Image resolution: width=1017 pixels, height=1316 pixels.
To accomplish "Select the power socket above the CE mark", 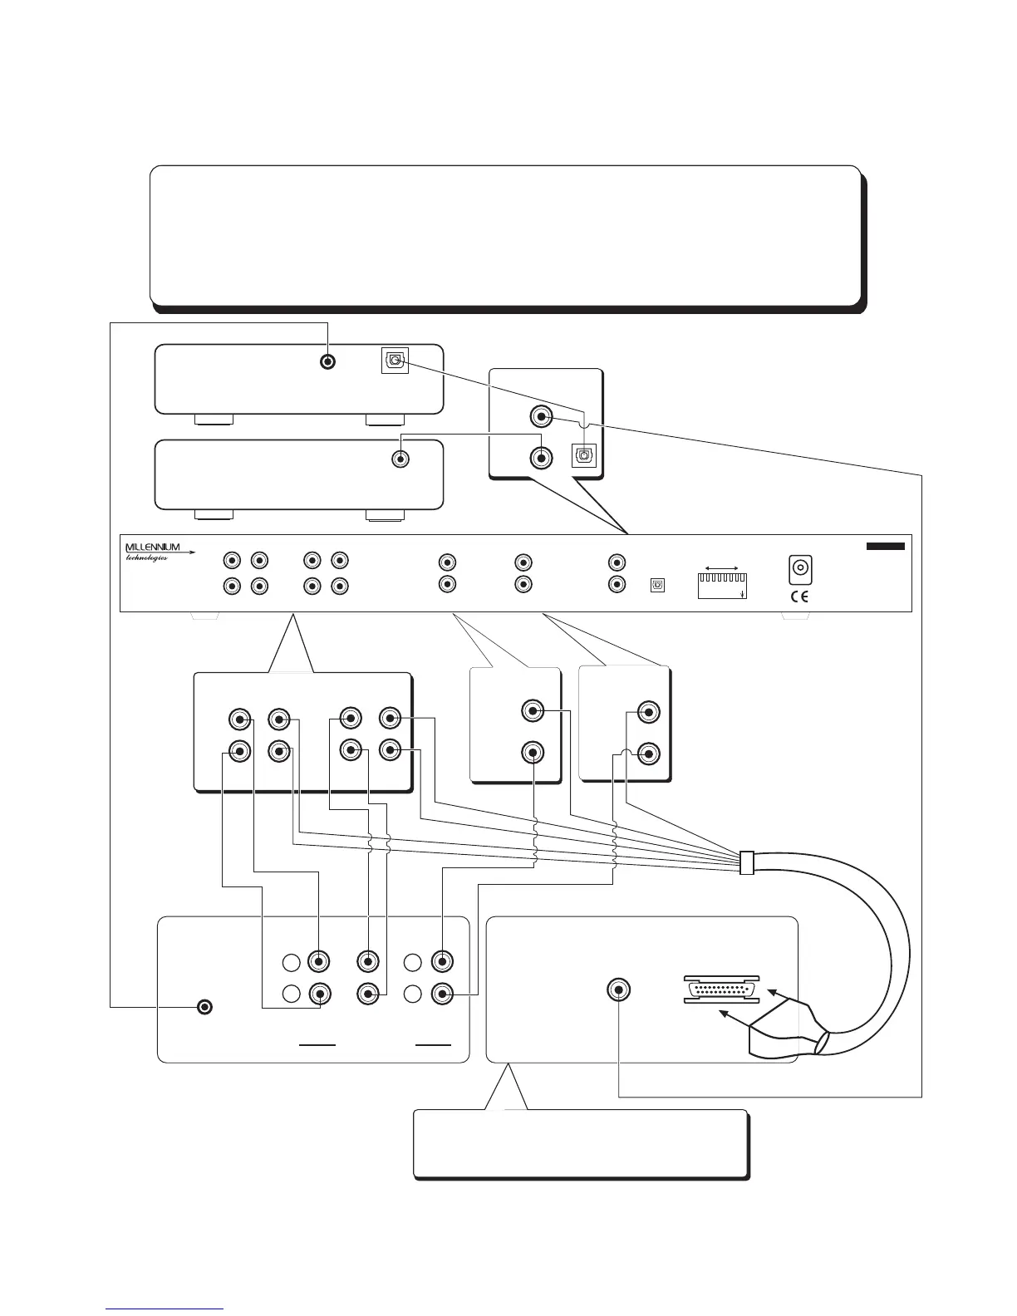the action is (x=799, y=569).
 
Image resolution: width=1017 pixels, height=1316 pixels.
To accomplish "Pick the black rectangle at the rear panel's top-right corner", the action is (x=885, y=546).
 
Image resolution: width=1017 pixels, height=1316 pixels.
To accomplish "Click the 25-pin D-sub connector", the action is (x=720, y=989).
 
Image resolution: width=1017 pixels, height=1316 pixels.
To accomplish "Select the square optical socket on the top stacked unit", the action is (x=395, y=361).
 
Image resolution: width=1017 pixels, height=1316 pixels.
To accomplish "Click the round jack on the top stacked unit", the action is (x=329, y=362).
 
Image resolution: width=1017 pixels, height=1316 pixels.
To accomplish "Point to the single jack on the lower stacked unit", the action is (x=401, y=458).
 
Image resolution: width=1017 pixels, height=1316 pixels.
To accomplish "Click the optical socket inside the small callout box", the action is (x=585, y=455).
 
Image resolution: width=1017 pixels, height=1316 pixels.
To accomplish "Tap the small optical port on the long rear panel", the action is (x=657, y=585).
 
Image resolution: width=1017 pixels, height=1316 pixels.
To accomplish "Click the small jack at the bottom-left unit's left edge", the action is (x=205, y=1007).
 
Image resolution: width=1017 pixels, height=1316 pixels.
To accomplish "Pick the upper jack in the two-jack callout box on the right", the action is (x=649, y=712).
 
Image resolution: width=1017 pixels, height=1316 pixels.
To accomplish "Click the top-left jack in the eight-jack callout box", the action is (x=239, y=719).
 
